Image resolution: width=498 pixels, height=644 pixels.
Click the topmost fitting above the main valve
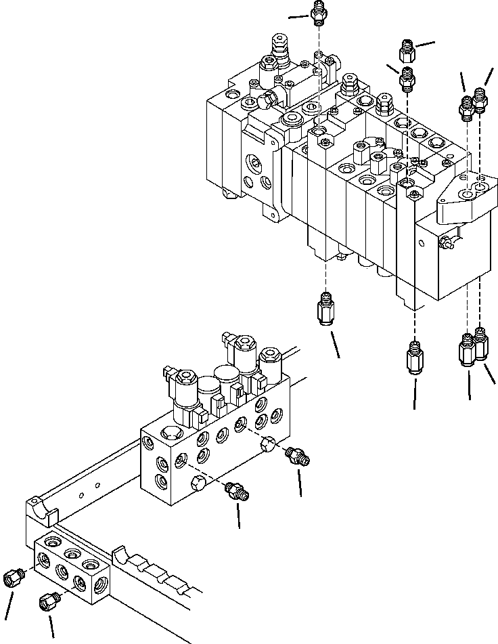click(320, 12)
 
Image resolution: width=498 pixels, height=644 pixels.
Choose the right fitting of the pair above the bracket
click(480, 99)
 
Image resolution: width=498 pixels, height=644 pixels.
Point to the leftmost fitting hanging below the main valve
click(325, 308)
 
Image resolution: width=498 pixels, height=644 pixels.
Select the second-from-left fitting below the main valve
click(415, 357)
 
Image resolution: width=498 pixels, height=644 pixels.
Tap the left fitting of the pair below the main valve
click(466, 350)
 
